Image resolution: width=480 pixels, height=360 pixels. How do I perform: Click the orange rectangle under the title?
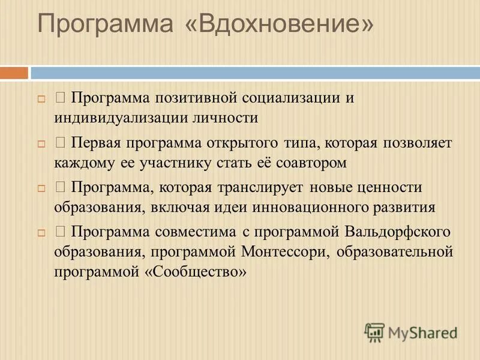click(x=14, y=73)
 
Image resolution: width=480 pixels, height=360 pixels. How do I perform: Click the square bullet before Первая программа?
click(x=41, y=144)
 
